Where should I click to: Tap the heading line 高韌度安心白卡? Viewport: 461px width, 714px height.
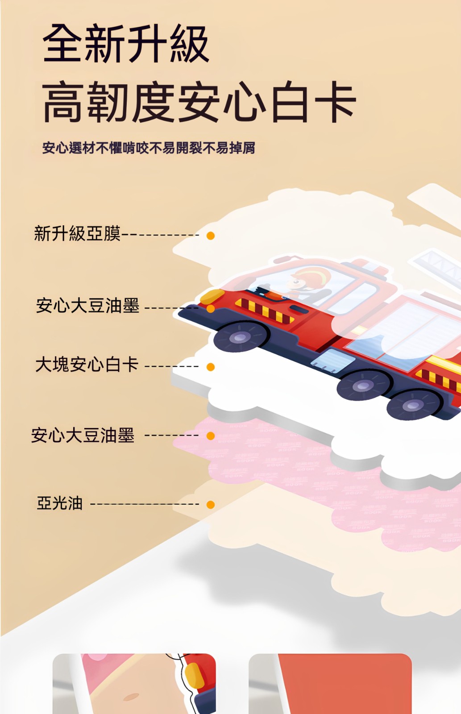pyautogui.click(x=199, y=101)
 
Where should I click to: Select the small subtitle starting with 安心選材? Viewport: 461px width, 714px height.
pyautogui.click(x=149, y=148)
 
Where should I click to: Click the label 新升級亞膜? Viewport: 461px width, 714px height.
pyautogui.click(x=77, y=233)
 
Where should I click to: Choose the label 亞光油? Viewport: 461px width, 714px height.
pyautogui.click(x=60, y=504)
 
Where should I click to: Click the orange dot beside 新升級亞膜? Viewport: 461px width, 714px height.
pyautogui.click(x=210, y=236)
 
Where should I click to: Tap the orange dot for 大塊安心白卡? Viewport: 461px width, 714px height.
pyautogui.click(x=210, y=367)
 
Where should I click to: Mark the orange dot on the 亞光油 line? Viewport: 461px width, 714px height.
pyautogui.click(x=210, y=505)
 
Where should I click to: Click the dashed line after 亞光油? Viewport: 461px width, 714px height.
pyautogui.click(x=145, y=504)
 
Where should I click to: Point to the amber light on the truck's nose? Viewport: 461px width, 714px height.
pyautogui.click(x=212, y=296)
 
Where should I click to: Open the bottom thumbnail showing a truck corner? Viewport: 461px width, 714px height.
pyautogui.click(x=134, y=683)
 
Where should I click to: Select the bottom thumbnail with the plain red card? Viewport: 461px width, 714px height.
pyautogui.click(x=330, y=683)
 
